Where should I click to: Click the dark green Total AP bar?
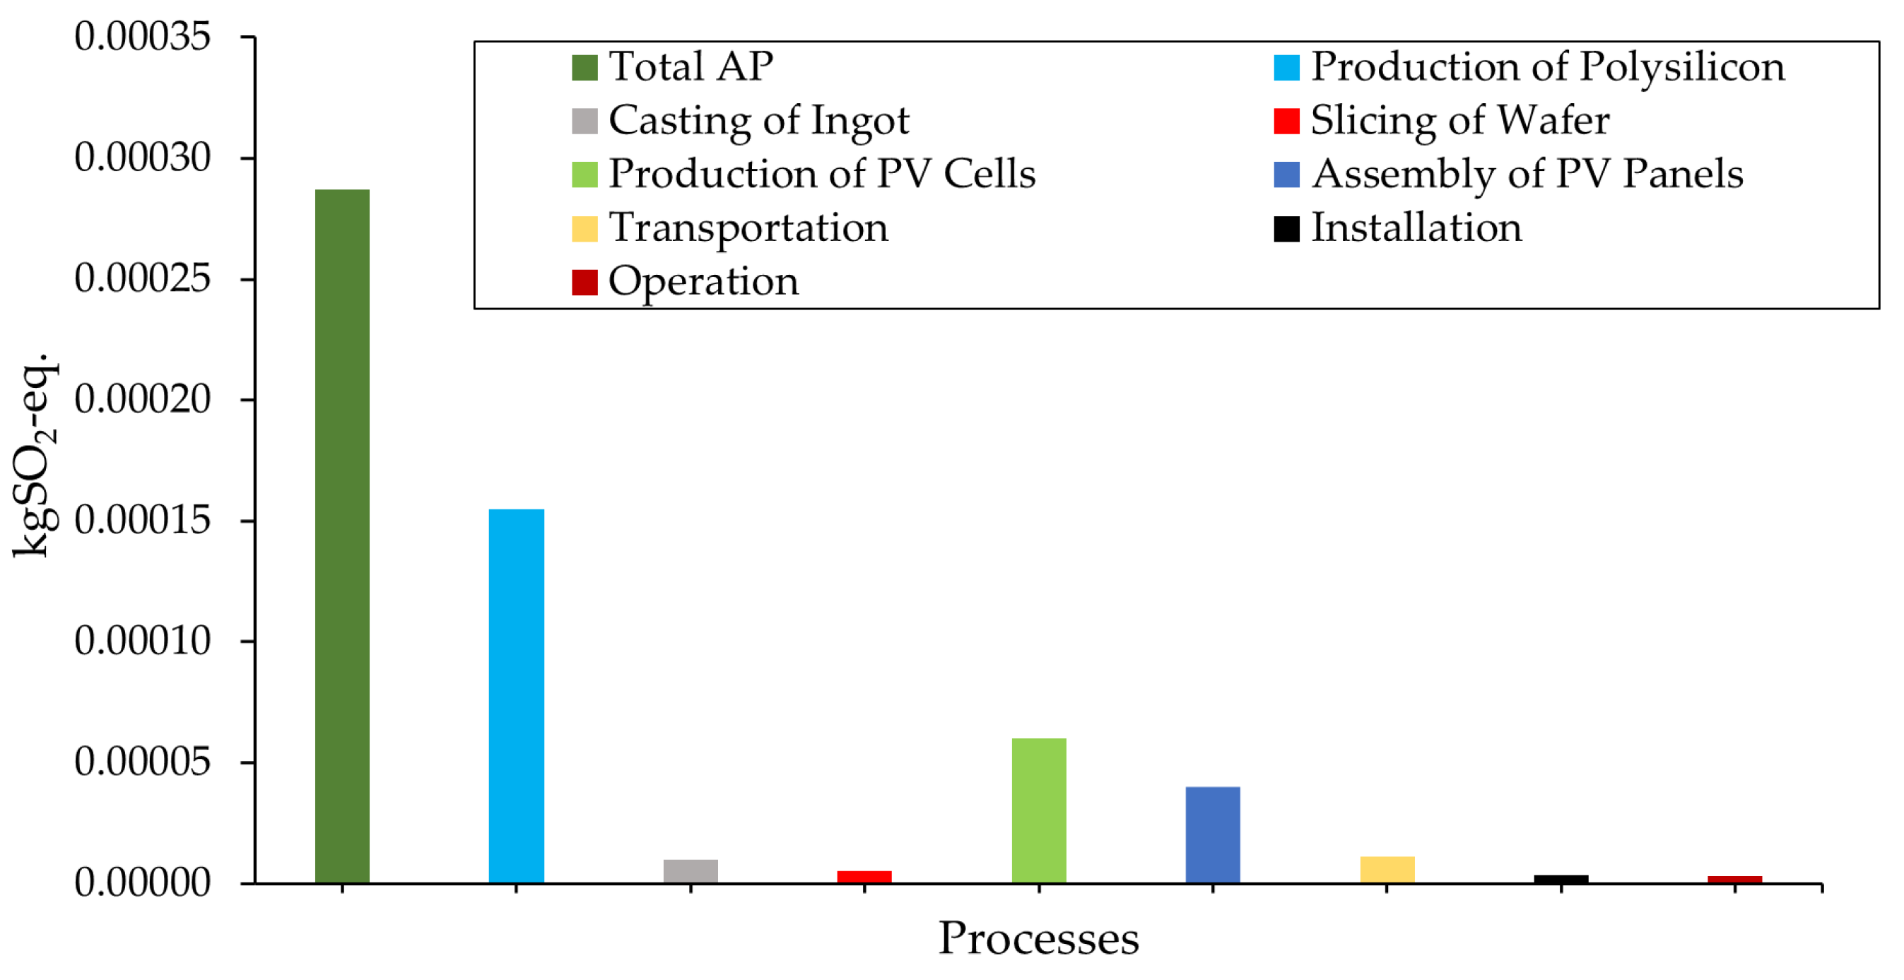[x=342, y=536]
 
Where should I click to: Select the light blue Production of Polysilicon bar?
[x=516, y=695]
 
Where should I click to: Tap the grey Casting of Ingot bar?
[x=691, y=870]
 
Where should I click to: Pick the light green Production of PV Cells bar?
[x=1038, y=810]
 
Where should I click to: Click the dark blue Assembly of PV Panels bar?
[x=1212, y=834]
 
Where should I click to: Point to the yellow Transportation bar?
[x=1387, y=869]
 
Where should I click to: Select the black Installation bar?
[x=1561, y=879]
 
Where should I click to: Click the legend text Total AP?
[x=691, y=66]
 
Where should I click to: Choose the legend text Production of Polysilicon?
[x=1547, y=66]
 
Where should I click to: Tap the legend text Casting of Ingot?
[x=758, y=120]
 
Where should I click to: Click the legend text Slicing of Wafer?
[x=1459, y=120]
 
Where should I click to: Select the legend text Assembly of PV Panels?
[x=1527, y=175]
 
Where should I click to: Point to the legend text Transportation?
[x=748, y=228]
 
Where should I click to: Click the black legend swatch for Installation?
[x=1286, y=228]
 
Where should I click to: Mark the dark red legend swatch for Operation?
[x=584, y=283]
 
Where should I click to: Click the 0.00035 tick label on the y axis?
[x=142, y=37]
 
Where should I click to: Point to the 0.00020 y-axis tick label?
[x=142, y=400]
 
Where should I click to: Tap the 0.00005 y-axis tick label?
[x=142, y=762]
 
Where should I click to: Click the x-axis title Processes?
[x=1038, y=938]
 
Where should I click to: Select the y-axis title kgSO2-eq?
[x=33, y=454]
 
